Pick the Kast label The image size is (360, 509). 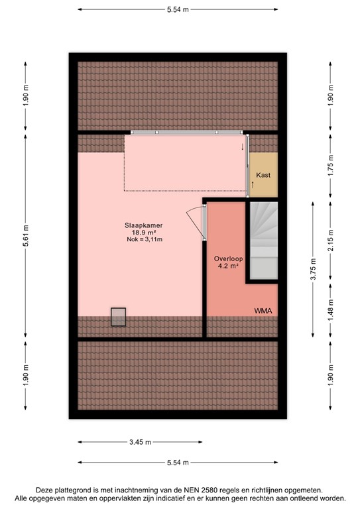coord(263,174)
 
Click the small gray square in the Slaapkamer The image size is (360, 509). coord(118,317)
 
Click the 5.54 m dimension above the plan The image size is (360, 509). coord(177,9)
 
